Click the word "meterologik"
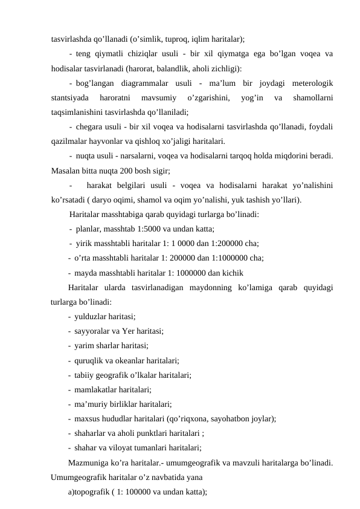(312, 83)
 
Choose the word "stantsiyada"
(71, 97)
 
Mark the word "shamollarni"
(312, 97)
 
